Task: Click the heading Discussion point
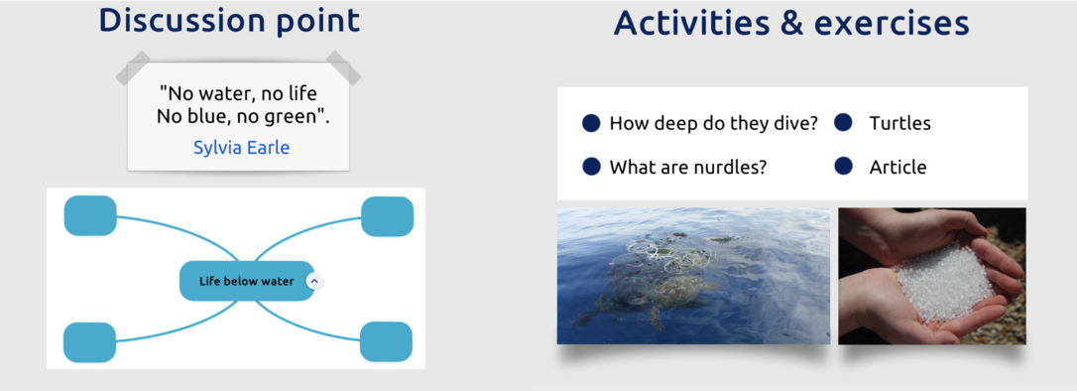pyautogui.click(x=229, y=21)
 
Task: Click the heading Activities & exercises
pyautogui.click(x=791, y=23)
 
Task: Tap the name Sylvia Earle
pyautogui.click(x=241, y=147)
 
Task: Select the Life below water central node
pyautogui.click(x=247, y=281)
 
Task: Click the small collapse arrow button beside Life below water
pyautogui.click(x=314, y=281)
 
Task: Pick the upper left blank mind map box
pyautogui.click(x=90, y=215)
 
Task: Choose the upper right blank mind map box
pyautogui.click(x=388, y=216)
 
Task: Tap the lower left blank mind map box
pyautogui.click(x=90, y=342)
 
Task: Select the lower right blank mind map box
pyautogui.click(x=386, y=341)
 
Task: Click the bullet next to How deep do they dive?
pyautogui.click(x=591, y=123)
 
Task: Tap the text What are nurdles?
pyautogui.click(x=688, y=167)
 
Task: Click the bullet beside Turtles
pyautogui.click(x=843, y=122)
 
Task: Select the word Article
pyautogui.click(x=897, y=167)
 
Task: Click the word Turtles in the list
pyautogui.click(x=899, y=123)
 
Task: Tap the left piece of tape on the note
pyautogui.click(x=133, y=67)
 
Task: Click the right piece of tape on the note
pyautogui.click(x=343, y=67)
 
